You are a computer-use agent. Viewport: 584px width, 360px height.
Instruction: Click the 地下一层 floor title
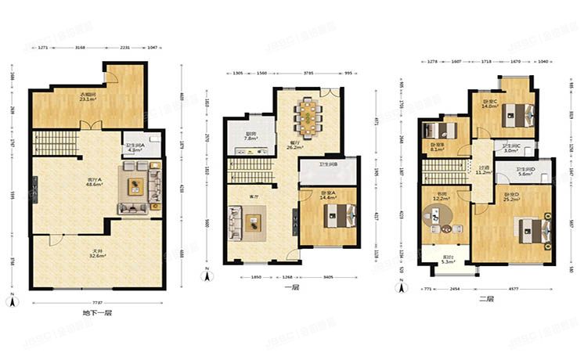97,313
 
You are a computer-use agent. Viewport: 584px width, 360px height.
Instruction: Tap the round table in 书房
447,229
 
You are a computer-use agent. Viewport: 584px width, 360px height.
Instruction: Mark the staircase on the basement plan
55,142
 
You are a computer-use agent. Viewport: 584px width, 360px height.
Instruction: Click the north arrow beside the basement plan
12,301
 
